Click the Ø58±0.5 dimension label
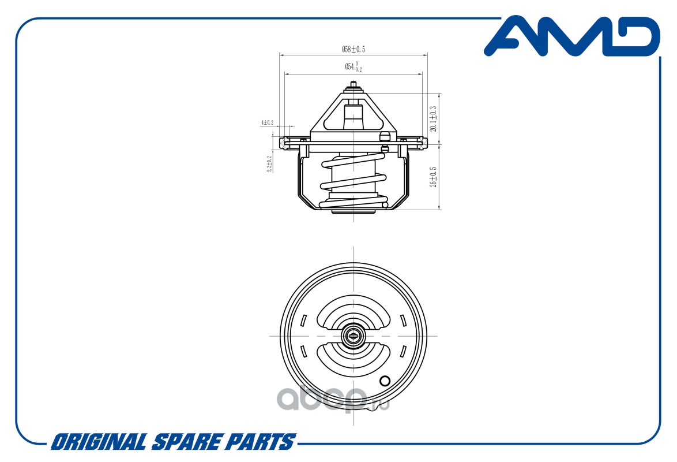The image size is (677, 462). [x=353, y=50]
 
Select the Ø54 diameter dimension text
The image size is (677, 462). [x=353, y=67]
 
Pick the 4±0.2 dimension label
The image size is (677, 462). [x=267, y=122]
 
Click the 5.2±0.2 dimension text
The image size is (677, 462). [x=269, y=165]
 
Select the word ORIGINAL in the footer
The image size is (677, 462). [x=99, y=442]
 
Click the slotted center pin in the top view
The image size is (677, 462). [x=352, y=336]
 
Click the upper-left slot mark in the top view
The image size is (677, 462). [x=303, y=320]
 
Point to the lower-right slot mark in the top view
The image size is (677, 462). [x=403, y=351]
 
